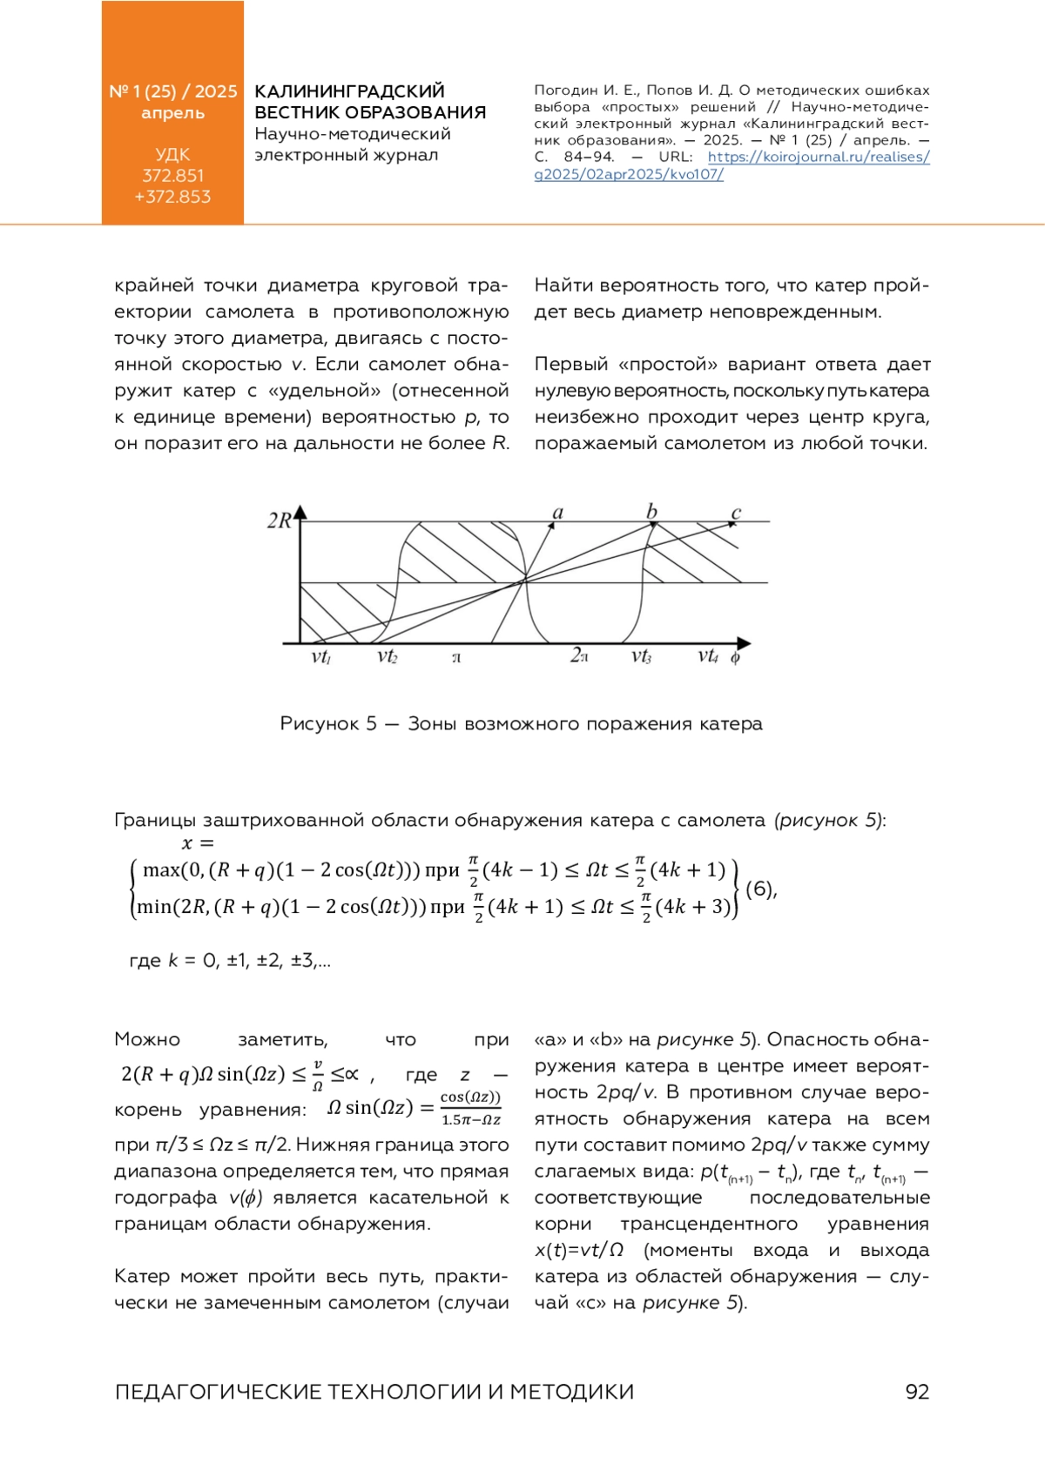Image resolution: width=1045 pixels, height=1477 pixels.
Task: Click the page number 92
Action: pos(917,1392)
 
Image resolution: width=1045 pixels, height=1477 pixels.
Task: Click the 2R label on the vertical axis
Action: pos(279,520)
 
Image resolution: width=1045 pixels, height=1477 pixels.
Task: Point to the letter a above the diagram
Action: pos(558,513)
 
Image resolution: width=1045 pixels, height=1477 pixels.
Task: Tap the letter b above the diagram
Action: pos(651,511)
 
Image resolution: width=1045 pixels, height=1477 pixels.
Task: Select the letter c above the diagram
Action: pos(736,513)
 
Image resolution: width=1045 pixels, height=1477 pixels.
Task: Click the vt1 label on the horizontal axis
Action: pos(320,657)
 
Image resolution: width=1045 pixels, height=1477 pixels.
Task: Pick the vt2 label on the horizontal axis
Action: pos(387,656)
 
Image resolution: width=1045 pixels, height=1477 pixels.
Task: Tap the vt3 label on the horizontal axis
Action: pos(641,656)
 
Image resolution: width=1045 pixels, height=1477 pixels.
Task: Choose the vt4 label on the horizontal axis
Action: pos(708,656)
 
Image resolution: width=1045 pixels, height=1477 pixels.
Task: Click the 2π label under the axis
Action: pos(579,655)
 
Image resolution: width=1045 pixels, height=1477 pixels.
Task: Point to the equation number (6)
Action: pos(761,889)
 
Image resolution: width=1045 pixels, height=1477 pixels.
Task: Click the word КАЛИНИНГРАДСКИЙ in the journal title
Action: pos(349,91)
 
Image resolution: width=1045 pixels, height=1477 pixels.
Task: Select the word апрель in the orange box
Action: pos(172,113)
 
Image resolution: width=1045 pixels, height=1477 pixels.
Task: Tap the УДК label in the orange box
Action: pos(172,155)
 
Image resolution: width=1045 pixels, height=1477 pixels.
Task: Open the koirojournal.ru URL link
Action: pos(819,158)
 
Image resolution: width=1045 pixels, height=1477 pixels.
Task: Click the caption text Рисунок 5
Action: pos(328,724)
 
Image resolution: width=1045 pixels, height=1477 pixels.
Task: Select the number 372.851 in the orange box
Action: pos(172,176)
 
